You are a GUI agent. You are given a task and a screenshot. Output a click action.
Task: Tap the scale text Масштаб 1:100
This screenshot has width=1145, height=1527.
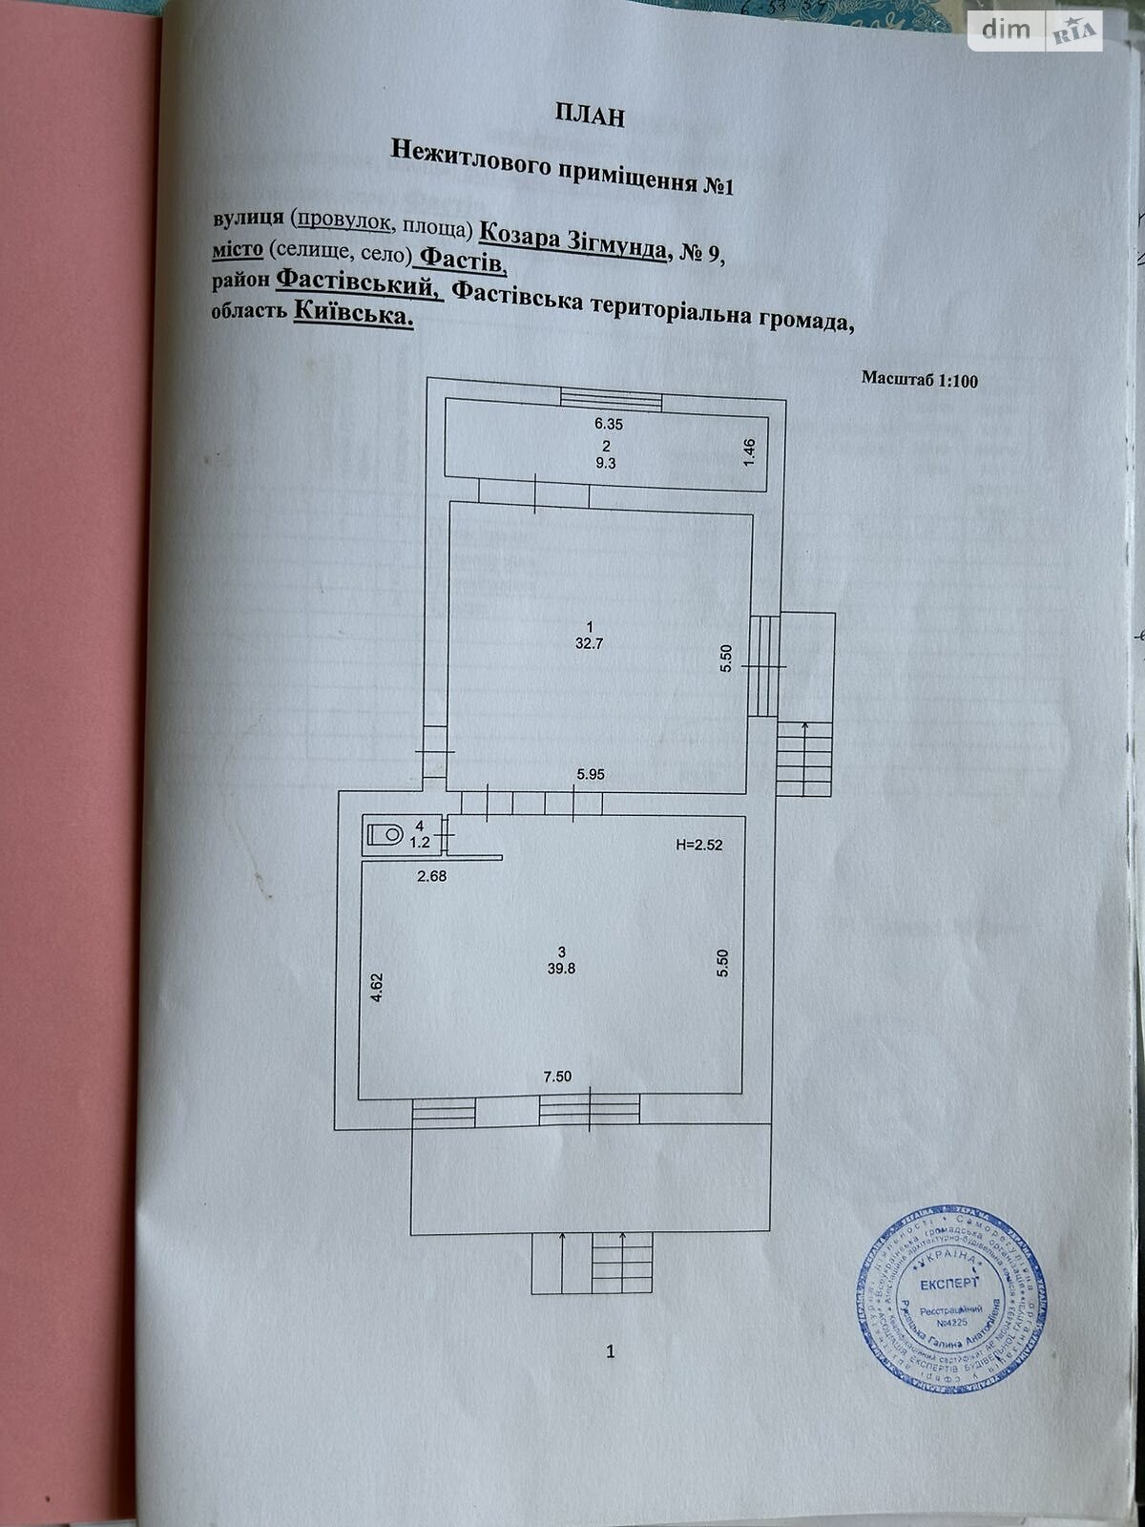tap(919, 380)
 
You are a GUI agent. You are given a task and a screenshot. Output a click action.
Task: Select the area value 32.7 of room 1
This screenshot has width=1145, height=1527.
tap(589, 643)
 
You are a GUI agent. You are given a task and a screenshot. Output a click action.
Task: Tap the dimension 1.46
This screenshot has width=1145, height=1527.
tap(749, 451)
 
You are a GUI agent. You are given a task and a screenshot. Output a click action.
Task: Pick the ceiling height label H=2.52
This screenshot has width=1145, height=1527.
tap(705, 845)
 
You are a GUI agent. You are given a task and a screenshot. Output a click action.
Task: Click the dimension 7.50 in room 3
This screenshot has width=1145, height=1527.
tap(557, 1077)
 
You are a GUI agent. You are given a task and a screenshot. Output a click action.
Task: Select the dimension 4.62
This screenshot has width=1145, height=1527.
tap(377, 986)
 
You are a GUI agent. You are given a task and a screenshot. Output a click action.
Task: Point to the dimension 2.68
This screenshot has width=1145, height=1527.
tap(431, 875)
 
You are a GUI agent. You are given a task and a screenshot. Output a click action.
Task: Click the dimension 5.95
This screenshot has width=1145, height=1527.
tap(590, 775)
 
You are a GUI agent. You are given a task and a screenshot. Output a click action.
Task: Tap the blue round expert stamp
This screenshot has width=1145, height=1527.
tap(949, 1295)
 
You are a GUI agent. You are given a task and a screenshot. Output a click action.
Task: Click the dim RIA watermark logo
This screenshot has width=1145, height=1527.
tap(1034, 31)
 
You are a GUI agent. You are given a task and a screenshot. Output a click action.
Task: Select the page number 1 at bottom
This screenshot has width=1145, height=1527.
tap(611, 1350)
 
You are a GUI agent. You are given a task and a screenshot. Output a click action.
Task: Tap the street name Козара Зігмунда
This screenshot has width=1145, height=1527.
tap(572, 239)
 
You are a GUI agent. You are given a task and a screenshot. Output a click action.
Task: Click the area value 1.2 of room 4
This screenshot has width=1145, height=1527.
tap(420, 842)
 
